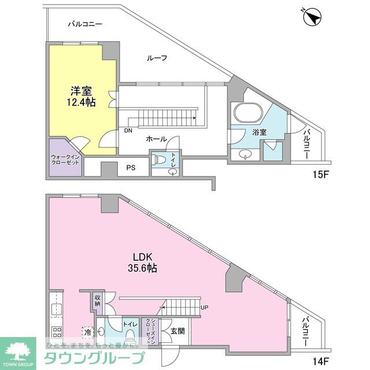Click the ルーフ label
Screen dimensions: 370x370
(157, 58)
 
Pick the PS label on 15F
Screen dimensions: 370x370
(131, 168)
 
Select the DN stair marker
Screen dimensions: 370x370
(127, 130)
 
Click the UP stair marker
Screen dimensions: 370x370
(204, 307)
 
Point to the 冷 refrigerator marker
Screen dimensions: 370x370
(87, 332)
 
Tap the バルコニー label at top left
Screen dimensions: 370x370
(84, 24)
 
